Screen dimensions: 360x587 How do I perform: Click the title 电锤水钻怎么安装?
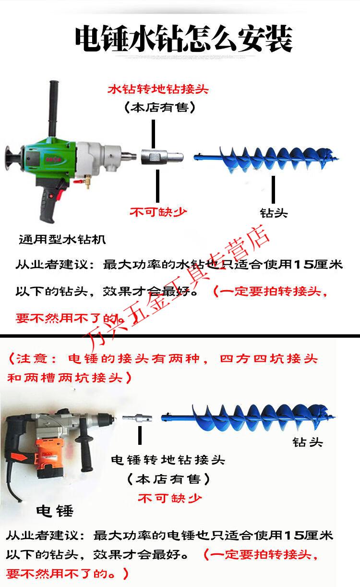pos(183,39)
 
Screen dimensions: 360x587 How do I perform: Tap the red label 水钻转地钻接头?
pos(158,89)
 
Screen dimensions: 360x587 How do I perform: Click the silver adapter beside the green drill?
pos(162,157)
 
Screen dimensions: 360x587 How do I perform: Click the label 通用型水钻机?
pos(62,240)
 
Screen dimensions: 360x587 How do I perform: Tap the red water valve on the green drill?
pos(78,181)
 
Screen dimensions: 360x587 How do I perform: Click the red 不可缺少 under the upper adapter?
pos(158,212)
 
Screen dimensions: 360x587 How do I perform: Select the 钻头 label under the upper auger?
pos(274,213)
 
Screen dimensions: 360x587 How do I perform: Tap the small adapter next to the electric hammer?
pos(137,418)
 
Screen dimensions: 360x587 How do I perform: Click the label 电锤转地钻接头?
pos(168,460)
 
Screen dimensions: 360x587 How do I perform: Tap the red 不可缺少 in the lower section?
pos(169,498)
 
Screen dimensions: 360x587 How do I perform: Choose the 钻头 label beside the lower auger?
pos(308,442)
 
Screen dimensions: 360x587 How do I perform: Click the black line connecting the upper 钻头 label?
pos(273,189)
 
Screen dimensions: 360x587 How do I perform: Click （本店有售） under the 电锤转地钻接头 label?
pos(168,479)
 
